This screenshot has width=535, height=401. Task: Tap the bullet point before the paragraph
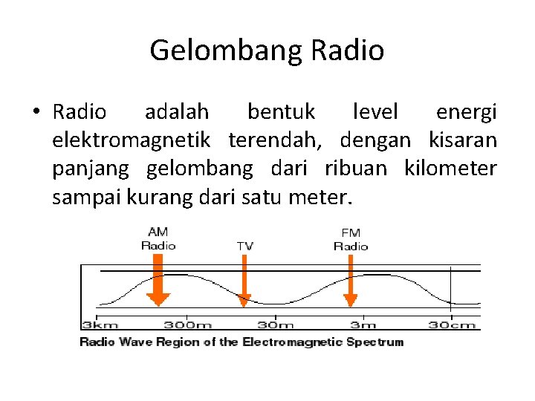coord(35,112)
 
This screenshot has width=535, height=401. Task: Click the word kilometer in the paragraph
coord(450,169)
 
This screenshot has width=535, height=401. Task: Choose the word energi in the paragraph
coord(466,112)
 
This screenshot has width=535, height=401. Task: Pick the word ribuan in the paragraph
coord(356,169)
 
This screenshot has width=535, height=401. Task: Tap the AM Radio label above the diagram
coord(158,239)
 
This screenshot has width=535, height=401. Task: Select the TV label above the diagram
coord(244,245)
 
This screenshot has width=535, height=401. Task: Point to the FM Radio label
coord(351,239)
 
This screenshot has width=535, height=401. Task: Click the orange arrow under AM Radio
coord(158,280)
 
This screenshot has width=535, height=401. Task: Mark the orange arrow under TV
coord(244,280)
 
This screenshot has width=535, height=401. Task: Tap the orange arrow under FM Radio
coord(351,280)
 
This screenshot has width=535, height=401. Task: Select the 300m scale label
coord(189,325)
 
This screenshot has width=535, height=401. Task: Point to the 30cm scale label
coord(452,325)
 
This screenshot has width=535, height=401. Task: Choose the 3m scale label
coord(364,325)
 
